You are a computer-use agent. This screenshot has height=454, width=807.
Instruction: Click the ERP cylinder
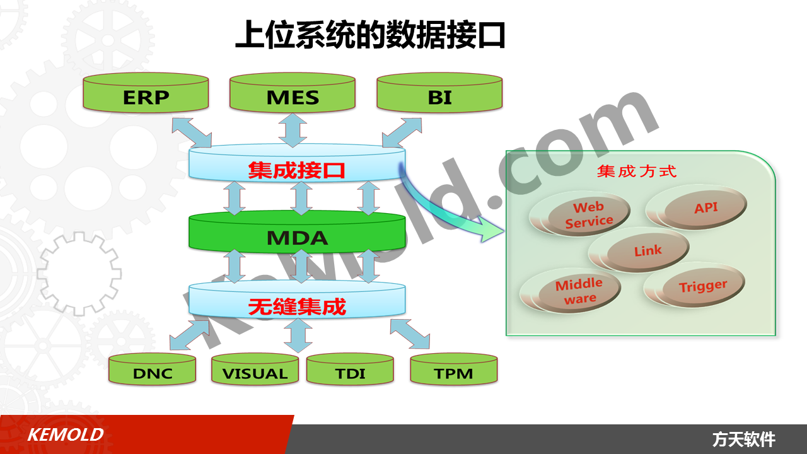pos(146,93)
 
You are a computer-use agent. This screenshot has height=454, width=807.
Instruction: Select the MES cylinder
pos(293,93)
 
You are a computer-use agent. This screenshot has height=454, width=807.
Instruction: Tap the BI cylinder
pos(439,93)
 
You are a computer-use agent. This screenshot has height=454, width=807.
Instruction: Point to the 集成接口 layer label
pos(296,170)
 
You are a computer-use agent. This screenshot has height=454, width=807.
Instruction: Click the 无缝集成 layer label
pos(297,306)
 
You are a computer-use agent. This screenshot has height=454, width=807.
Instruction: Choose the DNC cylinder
pos(152,369)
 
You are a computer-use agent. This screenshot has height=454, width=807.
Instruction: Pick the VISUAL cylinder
pos(255,369)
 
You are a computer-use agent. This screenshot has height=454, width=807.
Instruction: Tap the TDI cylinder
pos(350,369)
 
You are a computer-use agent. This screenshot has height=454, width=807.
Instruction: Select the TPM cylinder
pos(454,369)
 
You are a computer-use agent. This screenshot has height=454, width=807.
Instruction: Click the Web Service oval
pos(581,214)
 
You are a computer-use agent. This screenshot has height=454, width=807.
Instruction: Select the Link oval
pos(639,250)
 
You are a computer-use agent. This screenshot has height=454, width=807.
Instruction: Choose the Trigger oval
pos(695,286)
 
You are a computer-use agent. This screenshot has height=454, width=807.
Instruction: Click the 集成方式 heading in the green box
pos(637,172)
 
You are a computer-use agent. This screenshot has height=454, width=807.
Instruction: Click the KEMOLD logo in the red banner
pos(66,434)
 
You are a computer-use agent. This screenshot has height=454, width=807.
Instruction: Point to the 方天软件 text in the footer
pos(743,439)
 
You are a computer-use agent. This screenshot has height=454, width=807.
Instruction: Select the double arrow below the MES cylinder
pos(293,131)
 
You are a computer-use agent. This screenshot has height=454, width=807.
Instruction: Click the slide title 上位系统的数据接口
pos(370,35)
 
